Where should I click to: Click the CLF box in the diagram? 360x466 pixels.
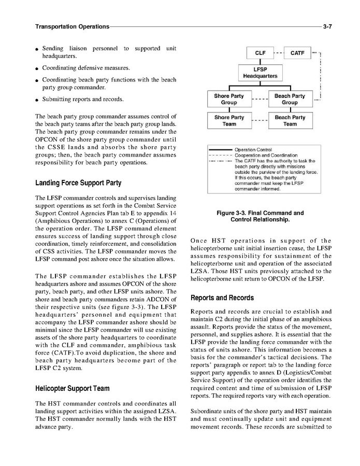[260, 53]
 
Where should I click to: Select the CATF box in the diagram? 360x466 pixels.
[297, 53]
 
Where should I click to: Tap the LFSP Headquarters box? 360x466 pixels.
[260, 73]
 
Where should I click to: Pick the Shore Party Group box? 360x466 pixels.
[229, 99]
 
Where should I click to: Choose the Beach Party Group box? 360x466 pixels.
[290, 99]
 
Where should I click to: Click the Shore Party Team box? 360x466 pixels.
[229, 121]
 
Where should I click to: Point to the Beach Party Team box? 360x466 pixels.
[290, 121]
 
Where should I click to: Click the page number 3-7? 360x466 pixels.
[327, 26]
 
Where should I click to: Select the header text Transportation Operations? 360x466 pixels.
[72, 26]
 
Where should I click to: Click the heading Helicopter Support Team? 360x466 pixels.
[72, 388]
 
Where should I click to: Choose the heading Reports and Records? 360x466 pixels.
[222, 298]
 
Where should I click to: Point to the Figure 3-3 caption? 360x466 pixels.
[260, 216]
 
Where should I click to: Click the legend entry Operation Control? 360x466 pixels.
[253, 150]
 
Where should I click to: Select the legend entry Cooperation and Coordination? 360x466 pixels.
[266, 155]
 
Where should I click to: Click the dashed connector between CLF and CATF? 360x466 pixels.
[279, 53]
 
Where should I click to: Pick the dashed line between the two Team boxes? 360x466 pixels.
[260, 121]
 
